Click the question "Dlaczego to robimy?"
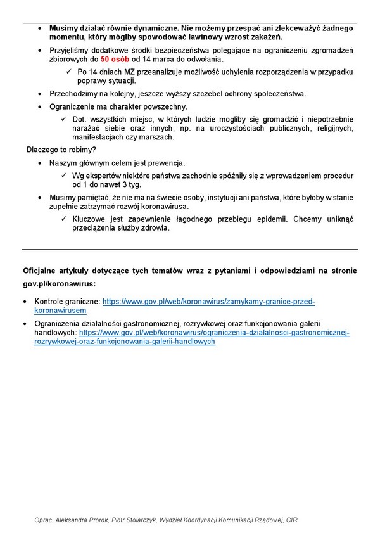point(61,150)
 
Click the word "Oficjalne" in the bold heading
point(41,271)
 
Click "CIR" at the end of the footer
point(290,520)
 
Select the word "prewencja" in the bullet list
point(163,163)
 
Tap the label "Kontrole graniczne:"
point(68,302)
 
